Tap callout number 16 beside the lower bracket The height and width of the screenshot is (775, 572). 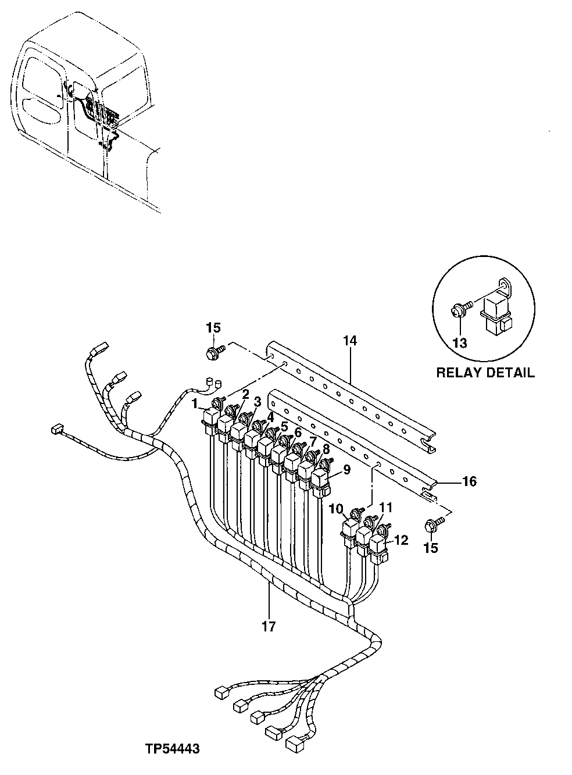click(469, 481)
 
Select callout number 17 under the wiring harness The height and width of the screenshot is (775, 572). click(269, 627)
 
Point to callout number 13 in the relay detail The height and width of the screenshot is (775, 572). click(459, 343)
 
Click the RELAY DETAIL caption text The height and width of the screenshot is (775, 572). click(485, 373)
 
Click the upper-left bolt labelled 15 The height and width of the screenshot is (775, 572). click(213, 352)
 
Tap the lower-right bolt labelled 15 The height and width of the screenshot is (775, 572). click(432, 525)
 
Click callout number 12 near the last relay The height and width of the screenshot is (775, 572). click(401, 541)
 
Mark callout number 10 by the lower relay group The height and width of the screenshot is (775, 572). click(336, 510)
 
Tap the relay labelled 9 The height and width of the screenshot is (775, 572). click(320, 480)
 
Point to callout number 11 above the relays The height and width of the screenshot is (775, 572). click(387, 507)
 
